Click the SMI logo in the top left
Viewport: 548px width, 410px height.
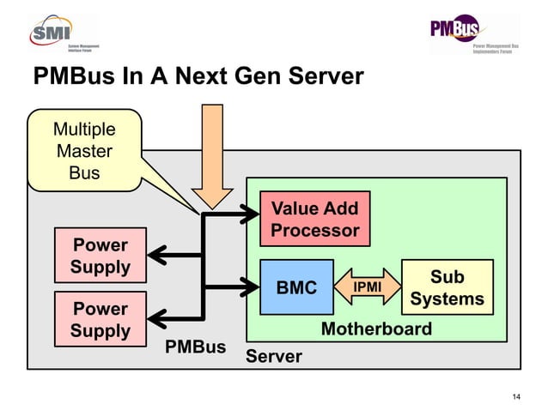[x=65, y=33]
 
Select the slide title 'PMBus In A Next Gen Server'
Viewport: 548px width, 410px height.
[x=198, y=78]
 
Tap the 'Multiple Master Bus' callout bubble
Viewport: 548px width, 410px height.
[x=83, y=151]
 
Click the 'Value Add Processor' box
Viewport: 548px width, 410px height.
[x=314, y=219]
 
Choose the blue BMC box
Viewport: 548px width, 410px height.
[x=296, y=287]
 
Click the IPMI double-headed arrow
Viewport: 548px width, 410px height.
[x=368, y=287]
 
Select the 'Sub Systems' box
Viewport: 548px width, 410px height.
[x=447, y=287]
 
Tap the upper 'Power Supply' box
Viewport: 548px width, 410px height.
[x=100, y=255]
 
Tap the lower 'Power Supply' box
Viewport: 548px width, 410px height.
[x=100, y=319]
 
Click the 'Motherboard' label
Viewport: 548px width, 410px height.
[x=375, y=329]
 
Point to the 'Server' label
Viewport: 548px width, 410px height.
[x=273, y=356]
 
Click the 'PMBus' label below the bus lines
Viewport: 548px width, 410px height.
[x=195, y=347]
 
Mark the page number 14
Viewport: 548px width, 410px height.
[x=516, y=395]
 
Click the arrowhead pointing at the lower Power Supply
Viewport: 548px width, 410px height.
[x=157, y=318]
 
